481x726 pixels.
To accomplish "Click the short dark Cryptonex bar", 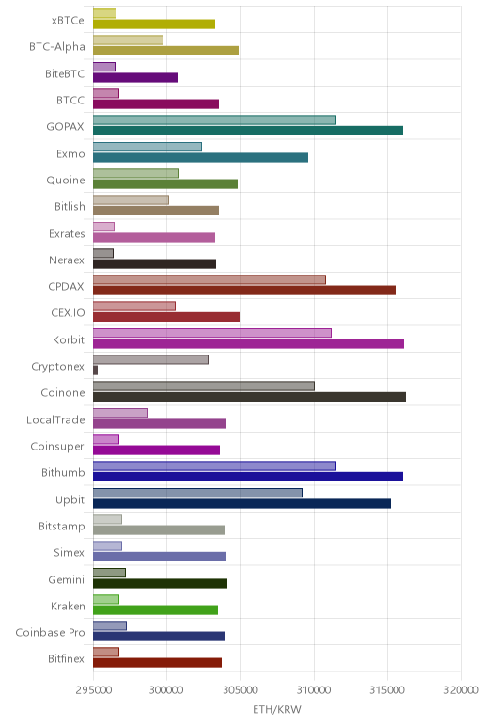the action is pos(95,371).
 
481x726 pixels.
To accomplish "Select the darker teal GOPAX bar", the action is pos(248,131).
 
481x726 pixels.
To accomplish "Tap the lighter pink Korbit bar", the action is pos(212,333).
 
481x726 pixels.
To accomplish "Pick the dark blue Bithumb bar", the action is pos(248,477).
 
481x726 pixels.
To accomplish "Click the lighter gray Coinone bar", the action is pos(204,387).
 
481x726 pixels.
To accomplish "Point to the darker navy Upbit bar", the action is pos(241,504).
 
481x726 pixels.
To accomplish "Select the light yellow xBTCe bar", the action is pos(104,13).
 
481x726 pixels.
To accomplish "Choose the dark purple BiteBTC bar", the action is pos(135,77).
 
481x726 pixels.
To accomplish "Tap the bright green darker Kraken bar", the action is pos(155,610).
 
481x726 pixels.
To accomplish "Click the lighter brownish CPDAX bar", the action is pos(209,279).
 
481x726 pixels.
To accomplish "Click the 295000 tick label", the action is pos(93,690).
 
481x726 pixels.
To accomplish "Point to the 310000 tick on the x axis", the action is pos(314,690).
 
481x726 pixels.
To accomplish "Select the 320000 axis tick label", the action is pos(461,690).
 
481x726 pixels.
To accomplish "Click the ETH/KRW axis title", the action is pos(277,709).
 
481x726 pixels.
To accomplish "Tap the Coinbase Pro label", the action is pos(51,633).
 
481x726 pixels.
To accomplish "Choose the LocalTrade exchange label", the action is pos(56,420).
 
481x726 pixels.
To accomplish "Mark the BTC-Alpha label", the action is pos(57,47).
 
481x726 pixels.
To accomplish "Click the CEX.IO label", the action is pos(69,313).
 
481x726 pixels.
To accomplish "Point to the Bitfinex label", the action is pos(67,659).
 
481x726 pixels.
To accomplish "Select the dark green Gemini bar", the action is pos(160,583).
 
